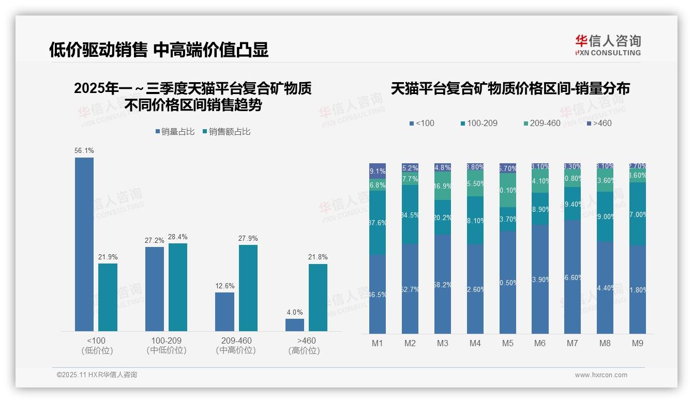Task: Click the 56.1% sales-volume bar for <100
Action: coord(84,244)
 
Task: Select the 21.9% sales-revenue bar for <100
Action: coord(108,297)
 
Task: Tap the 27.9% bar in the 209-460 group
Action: coord(248,288)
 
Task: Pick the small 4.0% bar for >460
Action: coord(295,324)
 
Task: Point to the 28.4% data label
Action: coord(177,237)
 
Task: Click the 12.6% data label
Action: coord(225,286)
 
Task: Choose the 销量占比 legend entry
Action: coord(175,132)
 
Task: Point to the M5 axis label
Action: coord(507,343)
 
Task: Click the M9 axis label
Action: coord(637,343)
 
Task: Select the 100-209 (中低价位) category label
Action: coord(166,345)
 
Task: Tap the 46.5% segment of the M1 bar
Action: coord(378,294)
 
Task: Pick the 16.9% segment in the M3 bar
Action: coord(442,186)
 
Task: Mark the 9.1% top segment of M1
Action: coord(378,171)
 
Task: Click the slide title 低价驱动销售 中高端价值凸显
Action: coord(159,50)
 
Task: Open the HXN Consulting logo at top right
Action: coord(608,45)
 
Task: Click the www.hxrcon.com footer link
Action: coord(601,375)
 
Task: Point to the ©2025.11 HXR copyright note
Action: coord(97,375)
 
